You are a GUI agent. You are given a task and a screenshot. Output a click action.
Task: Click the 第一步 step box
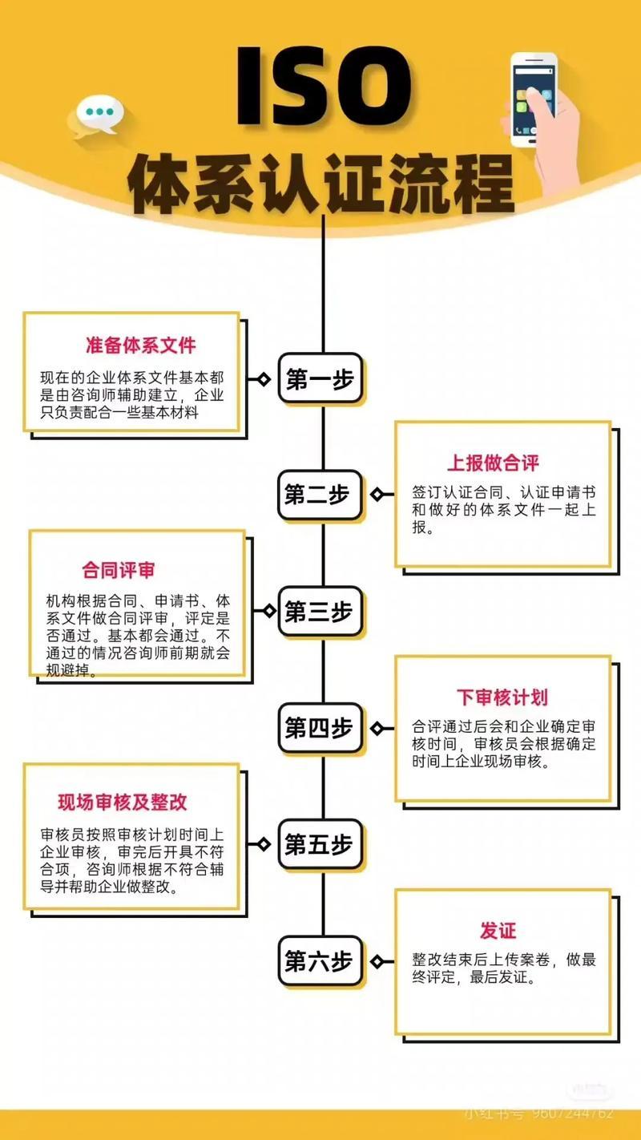[x=320, y=378]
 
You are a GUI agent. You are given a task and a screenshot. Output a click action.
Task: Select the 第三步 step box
[x=320, y=612]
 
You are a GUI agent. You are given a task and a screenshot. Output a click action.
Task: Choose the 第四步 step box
[x=320, y=728]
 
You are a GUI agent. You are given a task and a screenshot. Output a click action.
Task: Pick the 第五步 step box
[x=320, y=843]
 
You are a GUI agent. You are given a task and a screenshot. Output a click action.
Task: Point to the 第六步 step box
[x=320, y=960]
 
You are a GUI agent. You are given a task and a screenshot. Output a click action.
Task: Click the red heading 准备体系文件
[x=140, y=346]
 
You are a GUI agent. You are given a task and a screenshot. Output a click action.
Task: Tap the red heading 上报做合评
[x=493, y=463]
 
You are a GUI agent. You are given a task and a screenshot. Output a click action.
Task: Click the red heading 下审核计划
[x=502, y=697]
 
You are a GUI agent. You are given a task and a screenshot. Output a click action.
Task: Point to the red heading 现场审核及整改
[x=123, y=802]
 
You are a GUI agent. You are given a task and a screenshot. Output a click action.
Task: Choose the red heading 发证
[x=498, y=931]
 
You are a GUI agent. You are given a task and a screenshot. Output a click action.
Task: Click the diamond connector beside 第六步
[x=377, y=960]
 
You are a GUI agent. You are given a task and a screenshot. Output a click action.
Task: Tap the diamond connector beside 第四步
[x=377, y=728]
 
